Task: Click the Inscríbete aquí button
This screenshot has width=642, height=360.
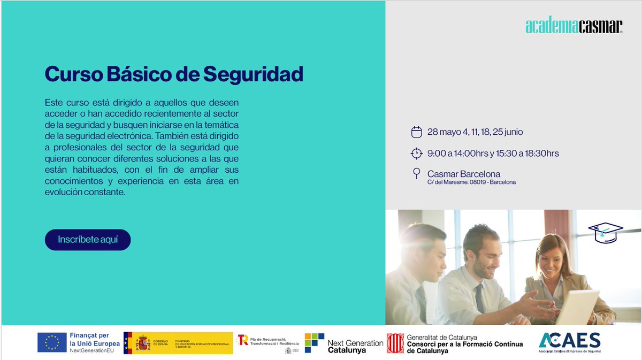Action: click(x=88, y=240)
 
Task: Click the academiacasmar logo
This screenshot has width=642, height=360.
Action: click(x=574, y=26)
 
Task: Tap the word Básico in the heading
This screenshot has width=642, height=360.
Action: click(x=137, y=74)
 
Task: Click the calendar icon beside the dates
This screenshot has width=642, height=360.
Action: click(x=416, y=132)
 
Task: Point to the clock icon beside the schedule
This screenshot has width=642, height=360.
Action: click(x=416, y=154)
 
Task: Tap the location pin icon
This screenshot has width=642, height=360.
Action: click(x=416, y=174)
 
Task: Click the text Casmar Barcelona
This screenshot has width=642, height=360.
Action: click(x=464, y=174)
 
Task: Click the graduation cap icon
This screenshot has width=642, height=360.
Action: click(x=606, y=231)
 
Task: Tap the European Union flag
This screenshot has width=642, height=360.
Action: click(x=52, y=342)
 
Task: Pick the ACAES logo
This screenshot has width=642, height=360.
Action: click(x=569, y=341)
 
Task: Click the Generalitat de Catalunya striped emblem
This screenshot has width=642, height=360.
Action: click(x=395, y=343)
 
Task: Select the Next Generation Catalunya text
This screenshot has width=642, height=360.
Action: click(x=355, y=346)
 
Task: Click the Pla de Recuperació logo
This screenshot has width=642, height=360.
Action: click(x=243, y=340)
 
